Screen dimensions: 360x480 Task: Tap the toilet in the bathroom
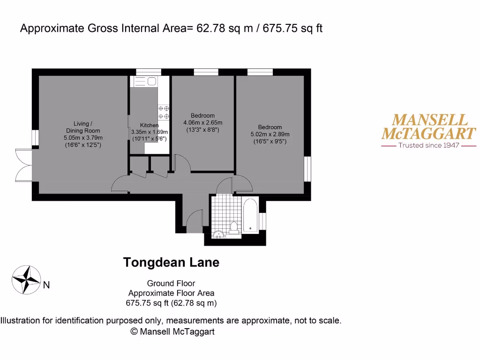(x=234, y=226)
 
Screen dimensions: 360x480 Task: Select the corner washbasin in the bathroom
(x=218, y=233)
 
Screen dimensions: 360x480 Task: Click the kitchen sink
(x=146, y=82)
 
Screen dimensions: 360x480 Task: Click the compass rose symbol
(x=27, y=280)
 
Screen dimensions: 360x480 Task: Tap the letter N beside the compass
(x=46, y=285)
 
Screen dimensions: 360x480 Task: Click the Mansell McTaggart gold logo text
(x=428, y=127)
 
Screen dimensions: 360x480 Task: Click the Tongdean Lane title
(x=171, y=262)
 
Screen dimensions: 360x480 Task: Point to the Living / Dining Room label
(x=83, y=127)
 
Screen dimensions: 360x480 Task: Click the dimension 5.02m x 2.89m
(x=270, y=134)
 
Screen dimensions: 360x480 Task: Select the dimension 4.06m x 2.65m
(x=202, y=123)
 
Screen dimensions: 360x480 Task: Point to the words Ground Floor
(x=171, y=283)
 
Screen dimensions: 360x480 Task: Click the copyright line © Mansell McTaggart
(x=172, y=331)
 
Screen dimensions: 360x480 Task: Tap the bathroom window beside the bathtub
(x=262, y=220)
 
